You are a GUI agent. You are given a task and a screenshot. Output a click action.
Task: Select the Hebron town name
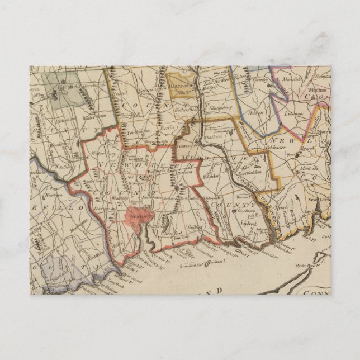click(x=256, y=112)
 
